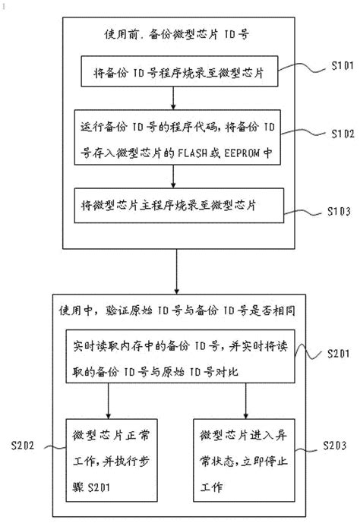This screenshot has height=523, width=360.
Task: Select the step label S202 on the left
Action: tap(24, 444)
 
